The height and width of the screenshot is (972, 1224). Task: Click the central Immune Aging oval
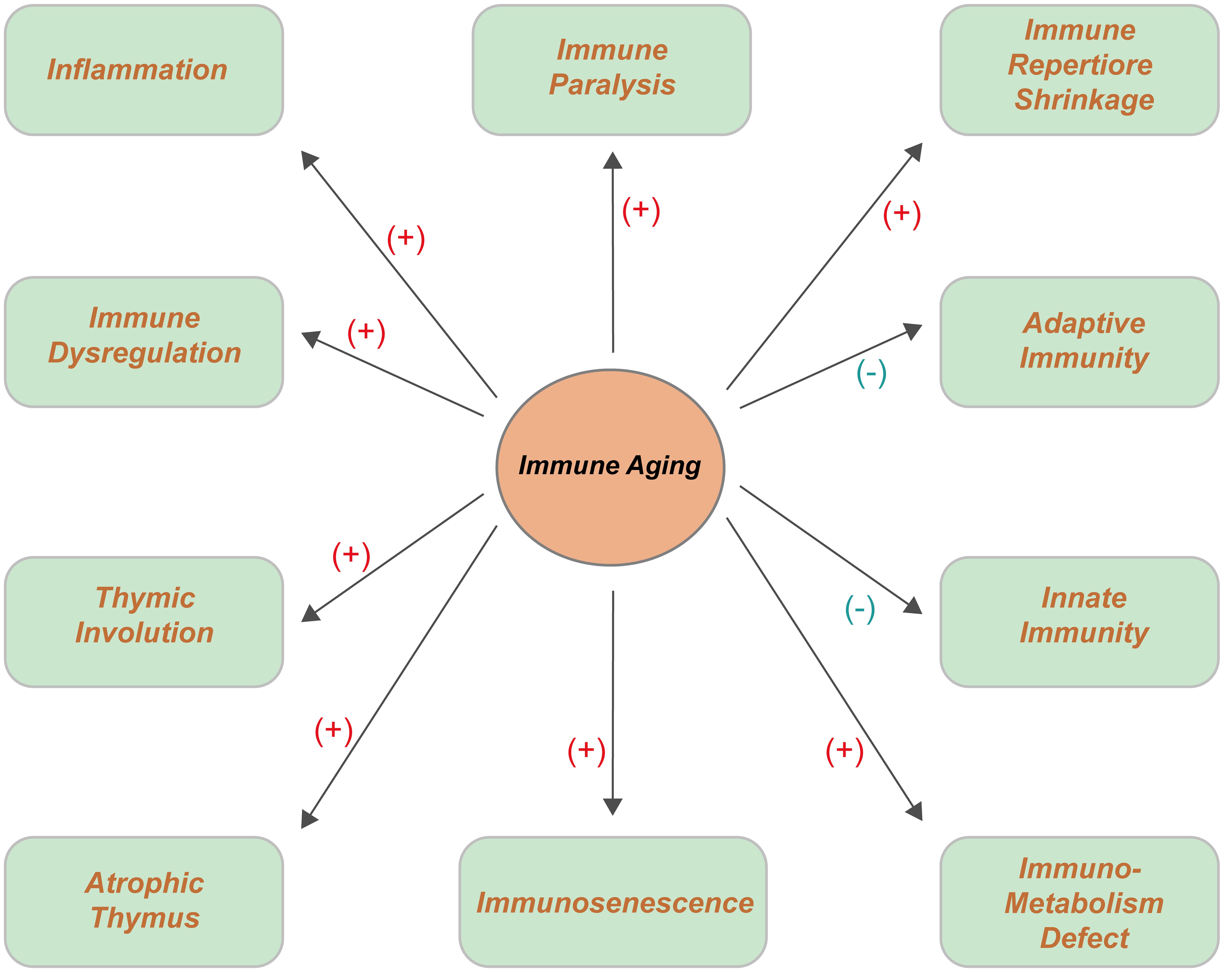(610, 467)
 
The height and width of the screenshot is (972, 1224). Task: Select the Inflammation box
(144, 70)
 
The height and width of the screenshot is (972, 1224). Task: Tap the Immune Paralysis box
(611, 70)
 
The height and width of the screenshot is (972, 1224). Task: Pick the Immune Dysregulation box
(144, 342)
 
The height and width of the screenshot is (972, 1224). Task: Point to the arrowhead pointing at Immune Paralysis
(613, 161)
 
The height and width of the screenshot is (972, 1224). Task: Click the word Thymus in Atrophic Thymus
(145, 918)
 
